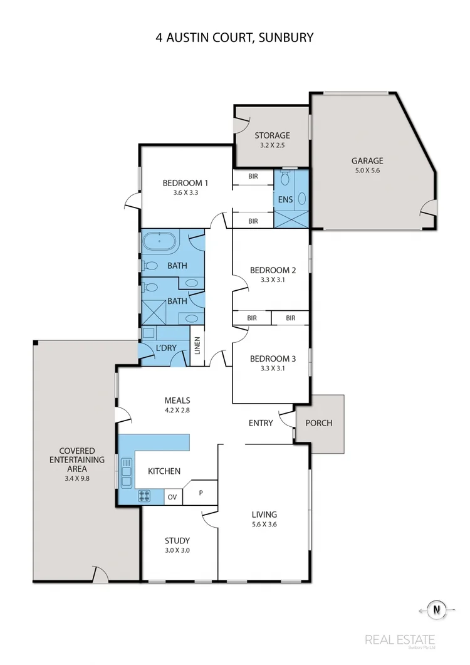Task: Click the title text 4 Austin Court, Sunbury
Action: (x=235, y=38)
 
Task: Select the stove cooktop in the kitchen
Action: (x=144, y=496)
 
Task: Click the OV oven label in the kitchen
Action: (x=173, y=497)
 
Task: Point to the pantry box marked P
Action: (x=201, y=493)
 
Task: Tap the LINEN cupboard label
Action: (x=197, y=346)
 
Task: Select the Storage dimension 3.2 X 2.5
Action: (x=272, y=145)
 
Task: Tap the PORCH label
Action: (x=319, y=422)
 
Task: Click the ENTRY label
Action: (x=261, y=423)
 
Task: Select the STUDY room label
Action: (x=177, y=540)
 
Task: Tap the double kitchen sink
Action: (x=127, y=473)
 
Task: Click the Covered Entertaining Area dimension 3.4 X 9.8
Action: (x=77, y=478)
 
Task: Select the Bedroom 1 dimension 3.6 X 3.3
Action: (x=185, y=193)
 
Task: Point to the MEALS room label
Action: (x=177, y=401)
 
